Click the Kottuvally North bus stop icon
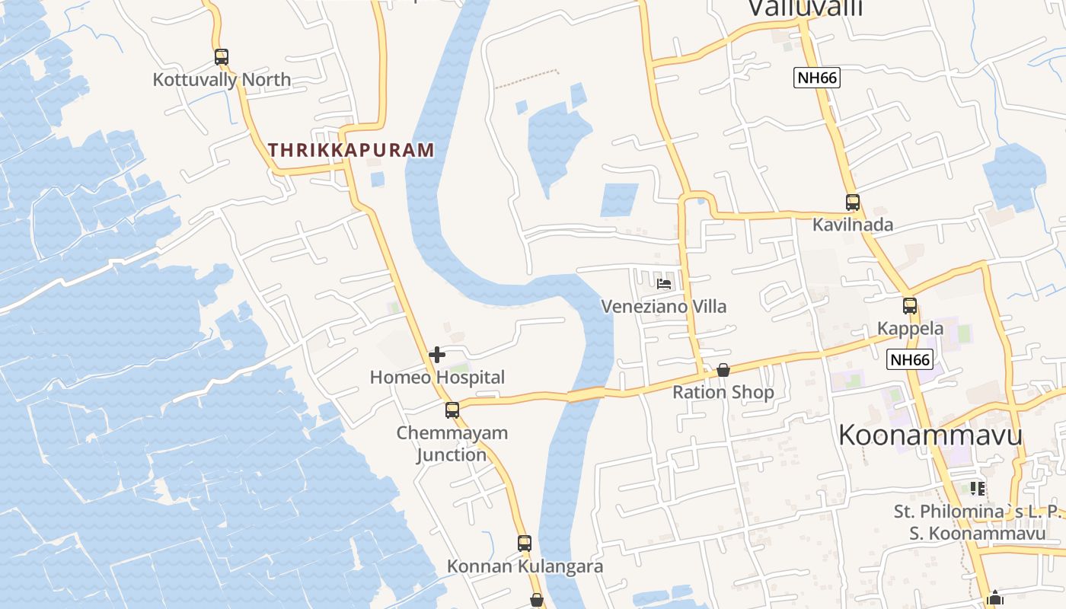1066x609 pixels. [x=222, y=57]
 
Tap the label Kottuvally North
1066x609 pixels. [x=222, y=79]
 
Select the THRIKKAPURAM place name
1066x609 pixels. [x=351, y=150]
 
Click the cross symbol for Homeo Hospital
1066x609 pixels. [x=437, y=355]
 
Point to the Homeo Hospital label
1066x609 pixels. [x=437, y=377]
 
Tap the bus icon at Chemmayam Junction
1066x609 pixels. [x=452, y=410]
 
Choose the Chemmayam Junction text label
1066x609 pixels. [x=452, y=444]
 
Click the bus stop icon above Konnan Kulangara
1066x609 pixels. [x=525, y=544]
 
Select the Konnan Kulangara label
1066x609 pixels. [x=525, y=566]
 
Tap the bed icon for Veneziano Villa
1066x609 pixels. [x=664, y=284]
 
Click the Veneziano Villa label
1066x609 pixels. [x=664, y=306]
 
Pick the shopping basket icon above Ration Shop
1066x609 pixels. [x=723, y=371]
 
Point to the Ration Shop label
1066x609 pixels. [x=723, y=392]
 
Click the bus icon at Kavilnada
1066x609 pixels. [x=853, y=202]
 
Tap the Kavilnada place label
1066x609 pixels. [x=853, y=225]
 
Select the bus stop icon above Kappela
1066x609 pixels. [x=910, y=306]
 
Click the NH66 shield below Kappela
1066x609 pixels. [x=910, y=360]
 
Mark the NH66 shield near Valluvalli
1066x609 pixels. [x=816, y=78]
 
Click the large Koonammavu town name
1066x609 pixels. [x=930, y=435]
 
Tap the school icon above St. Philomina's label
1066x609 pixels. [x=978, y=488]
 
